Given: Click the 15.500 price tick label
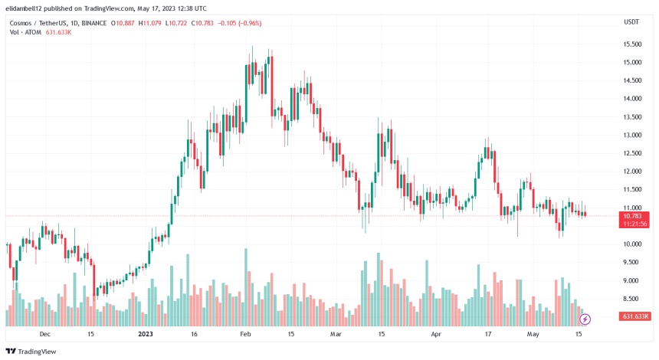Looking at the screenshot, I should click(x=632, y=44).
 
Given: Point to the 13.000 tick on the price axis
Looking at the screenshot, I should click(x=632, y=135).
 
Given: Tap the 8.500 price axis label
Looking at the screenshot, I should click(x=632, y=299).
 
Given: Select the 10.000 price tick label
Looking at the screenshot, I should click(x=632, y=244).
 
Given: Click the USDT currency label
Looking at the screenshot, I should click(x=631, y=22).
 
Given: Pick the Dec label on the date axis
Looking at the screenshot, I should click(x=44, y=334).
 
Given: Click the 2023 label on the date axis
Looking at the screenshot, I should click(x=146, y=334).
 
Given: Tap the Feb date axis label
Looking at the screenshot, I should click(x=245, y=334).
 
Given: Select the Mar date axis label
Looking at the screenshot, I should click(x=335, y=334).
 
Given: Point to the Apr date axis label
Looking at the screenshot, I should click(x=437, y=334).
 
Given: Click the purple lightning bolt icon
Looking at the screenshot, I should click(x=585, y=319).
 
